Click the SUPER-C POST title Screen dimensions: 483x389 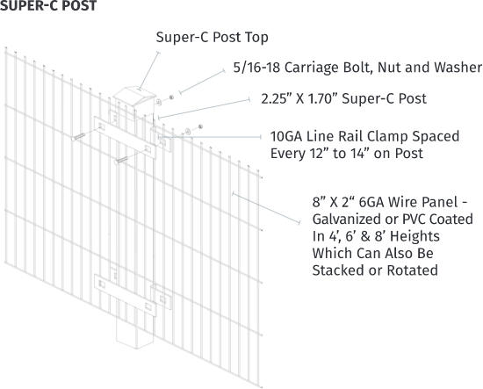(48, 5)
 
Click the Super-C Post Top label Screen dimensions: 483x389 (212, 37)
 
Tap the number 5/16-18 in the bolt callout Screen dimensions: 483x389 (256, 68)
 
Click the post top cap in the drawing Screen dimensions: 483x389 (134, 97)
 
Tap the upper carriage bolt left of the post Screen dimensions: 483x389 (78, 136)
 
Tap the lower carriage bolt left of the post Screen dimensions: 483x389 (121, 160)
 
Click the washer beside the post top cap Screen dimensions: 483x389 (159, 102)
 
